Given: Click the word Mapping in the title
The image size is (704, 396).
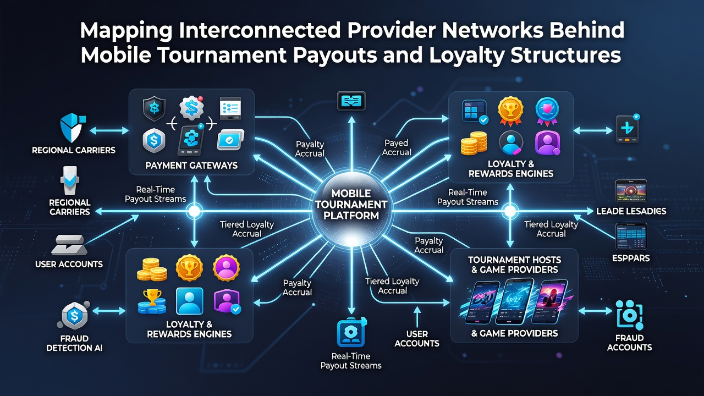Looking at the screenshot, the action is pyautogui.click(x=127, y=31).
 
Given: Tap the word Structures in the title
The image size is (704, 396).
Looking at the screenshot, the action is pyautogui.click(x=566, y=54).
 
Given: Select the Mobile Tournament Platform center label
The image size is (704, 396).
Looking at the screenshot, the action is pyautogui.click(x=351, y=204).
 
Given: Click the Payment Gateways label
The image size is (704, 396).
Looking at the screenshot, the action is pyautogui.click(x=191, y=166).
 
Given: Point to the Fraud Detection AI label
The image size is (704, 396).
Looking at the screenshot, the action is pyautogui.click(x=74, y=343).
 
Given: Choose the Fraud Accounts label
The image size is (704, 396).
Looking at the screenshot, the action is pyautogui.click(x=630, y=343).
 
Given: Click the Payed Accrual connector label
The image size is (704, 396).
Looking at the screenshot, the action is pyautogui.click(x=397, y=148).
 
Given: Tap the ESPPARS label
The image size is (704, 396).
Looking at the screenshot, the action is pyautogui.click(x=631, y=258).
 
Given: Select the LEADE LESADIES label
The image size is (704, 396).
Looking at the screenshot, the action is pyautogui.click(x=631, y=211).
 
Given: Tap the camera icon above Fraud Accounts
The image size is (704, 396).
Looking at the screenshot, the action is pyautogui.click(x=629, y=315).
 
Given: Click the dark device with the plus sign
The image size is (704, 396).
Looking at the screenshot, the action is pyautogui.click(x=628, y=129).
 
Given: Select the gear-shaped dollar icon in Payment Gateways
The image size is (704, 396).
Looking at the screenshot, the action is pyautogui.click(x=191, y=108).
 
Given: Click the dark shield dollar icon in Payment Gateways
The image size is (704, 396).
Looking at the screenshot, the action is pyautogui.click(x=154, y=109).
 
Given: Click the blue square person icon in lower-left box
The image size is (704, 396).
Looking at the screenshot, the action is pyautogui.click(x=190, y=301).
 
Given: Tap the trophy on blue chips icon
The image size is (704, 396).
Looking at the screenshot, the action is pyautogui.click(x=152, y=302).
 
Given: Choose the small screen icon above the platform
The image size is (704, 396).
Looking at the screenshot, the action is pyautogui.click(x=351, y=101).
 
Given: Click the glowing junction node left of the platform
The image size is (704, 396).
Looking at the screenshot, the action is pyautogui.click(x=194, y=211).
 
